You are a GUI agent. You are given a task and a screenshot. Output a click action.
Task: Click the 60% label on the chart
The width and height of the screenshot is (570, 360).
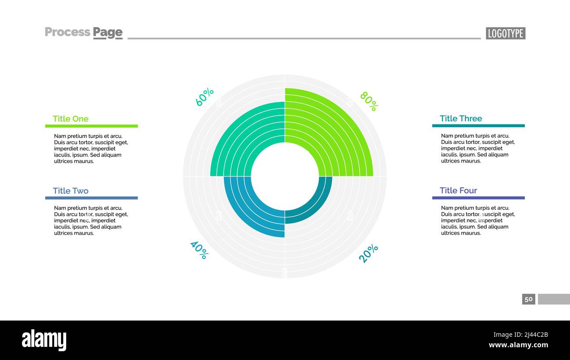pyautogui.click(x=204, y=97)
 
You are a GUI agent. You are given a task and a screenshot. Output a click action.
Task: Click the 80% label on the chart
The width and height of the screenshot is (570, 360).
pyautogui.click(x=369, y=101)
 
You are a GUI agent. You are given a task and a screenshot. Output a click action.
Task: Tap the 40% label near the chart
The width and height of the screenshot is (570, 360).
pyautogui.click(x=199, y=250)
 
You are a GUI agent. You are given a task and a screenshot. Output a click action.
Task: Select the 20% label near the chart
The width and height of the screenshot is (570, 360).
pyautogui.click(x=368, y=253)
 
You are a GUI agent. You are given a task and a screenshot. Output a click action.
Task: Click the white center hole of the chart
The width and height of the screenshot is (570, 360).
pyautogui.click(x=285, y=176)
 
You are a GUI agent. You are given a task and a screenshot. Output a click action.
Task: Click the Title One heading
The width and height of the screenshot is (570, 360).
pyautogui.click(x=71, y=119)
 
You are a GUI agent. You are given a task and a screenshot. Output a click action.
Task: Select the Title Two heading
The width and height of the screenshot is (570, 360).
pyautogui.click(x=71, y=191)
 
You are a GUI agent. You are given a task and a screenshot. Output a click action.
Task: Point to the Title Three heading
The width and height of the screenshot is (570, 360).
pyautogui.click(x=461, y=118)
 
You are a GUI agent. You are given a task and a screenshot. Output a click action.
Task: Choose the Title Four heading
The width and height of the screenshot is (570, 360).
pyautogui.click(x=458, y=190)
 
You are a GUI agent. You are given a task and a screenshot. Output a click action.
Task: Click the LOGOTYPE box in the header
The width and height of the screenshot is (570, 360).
pyautogui.click(x=506, y=33)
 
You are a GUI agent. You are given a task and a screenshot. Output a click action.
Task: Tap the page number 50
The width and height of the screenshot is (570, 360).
pyautogui.click(x=529, y=299)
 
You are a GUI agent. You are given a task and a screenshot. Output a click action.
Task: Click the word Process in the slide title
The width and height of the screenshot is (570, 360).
pyautogui.click(x=68, y=32)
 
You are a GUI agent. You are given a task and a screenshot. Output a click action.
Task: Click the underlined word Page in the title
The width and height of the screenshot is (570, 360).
pyautogui.click(x=107, y=32)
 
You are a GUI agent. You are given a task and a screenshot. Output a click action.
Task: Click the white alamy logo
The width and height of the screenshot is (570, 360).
pyautogui.click(x=44, y=340)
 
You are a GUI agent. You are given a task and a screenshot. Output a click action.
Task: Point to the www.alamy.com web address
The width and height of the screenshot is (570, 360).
pyautogui.click(x=518, y=345)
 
